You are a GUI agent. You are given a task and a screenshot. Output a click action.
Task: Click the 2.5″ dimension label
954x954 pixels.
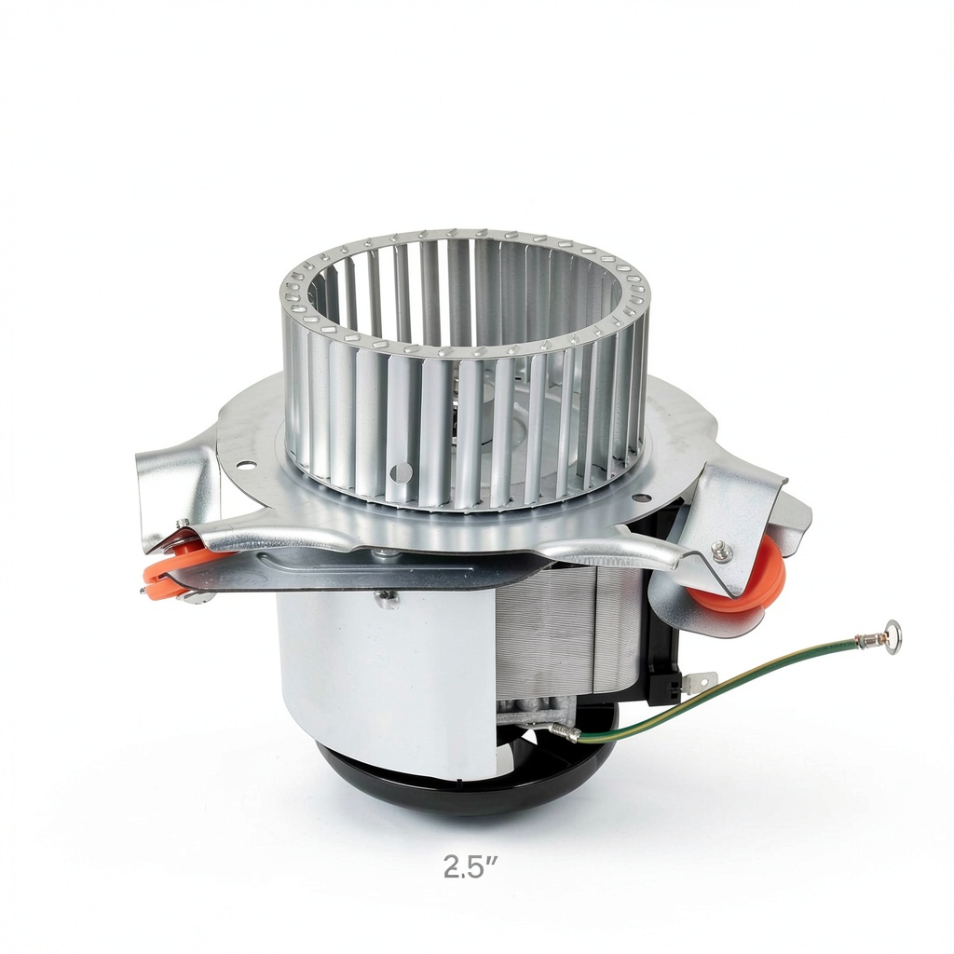tap(470, 866)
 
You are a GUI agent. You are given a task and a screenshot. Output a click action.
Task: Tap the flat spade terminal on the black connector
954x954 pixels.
tap(700, 677)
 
